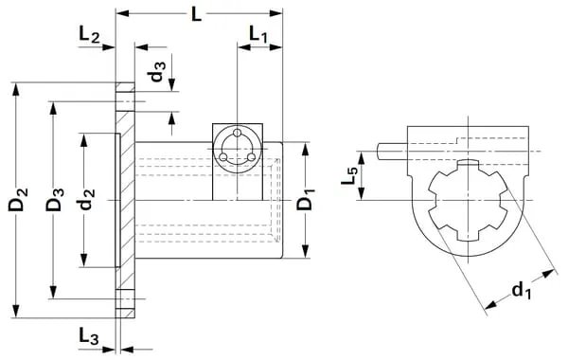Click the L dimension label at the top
(196, 14)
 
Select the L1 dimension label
(258, 34)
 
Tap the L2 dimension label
(89, 35)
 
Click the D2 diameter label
(18, 199)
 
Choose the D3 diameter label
(55, 199)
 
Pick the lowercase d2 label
(87, 199)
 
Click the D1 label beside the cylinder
(305, 199)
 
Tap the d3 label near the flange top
(156, 71)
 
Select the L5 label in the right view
(350, 174)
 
